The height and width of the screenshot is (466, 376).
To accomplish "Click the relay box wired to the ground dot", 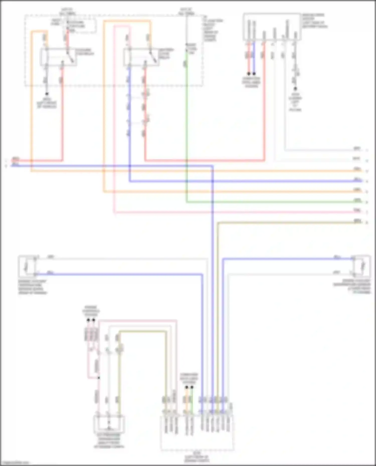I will click(x=59, y=57).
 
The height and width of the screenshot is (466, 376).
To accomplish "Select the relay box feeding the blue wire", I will click(x=141, y=58).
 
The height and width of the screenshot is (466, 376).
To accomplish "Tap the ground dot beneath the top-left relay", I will click(x=47, y=94).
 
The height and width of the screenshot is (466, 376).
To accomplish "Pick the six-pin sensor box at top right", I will click(x=272, y=27).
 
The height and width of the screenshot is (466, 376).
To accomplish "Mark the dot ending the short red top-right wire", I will click(x=249, y=74).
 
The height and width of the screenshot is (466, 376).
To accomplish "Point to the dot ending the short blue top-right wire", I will click(x=254, y=74).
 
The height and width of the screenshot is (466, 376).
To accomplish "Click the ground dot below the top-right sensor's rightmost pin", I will click(x=295, y=89).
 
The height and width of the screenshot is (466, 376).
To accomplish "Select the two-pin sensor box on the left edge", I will click(x=28, y=266).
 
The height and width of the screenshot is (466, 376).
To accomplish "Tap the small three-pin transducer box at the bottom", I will click(x=109, y=424).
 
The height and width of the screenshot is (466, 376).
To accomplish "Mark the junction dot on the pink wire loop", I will click(x=99, y=378).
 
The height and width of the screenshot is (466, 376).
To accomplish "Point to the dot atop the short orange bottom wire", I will click(x=186, y=387).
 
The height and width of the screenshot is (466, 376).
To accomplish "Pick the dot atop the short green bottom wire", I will click(x=192, y=387).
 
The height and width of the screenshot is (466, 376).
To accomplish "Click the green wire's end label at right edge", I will click(x=357, y=200).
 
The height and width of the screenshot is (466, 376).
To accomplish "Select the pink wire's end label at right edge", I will click(x=357, y=211).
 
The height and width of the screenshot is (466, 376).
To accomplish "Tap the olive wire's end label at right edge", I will click(x=357, y=221).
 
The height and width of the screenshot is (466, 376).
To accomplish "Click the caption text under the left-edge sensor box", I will click(x=32, y=287).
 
